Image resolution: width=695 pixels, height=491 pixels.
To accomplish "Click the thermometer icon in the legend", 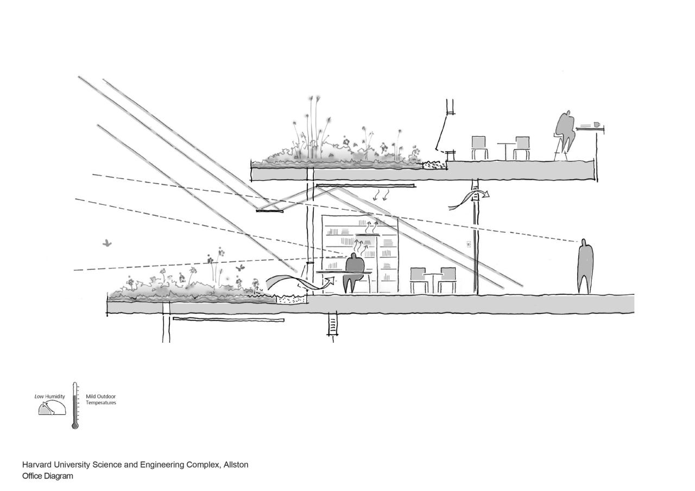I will (75, 406).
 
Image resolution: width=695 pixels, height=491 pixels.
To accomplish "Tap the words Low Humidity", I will (49, 396).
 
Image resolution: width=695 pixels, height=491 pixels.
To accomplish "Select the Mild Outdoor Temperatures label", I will (100, 399).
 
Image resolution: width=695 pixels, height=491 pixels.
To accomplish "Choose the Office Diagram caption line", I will (47, 476).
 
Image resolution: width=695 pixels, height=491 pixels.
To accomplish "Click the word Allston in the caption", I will (236, 465).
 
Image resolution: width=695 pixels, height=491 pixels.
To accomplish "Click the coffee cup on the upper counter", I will (596, 124).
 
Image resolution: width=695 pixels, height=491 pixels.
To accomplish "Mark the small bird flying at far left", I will (107, 244).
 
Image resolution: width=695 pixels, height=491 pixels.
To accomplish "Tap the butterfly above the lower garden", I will (239, 268).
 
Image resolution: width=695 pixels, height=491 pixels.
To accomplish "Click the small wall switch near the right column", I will (468, 244).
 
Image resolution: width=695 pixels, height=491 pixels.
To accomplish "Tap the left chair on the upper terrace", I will (479, 147).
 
